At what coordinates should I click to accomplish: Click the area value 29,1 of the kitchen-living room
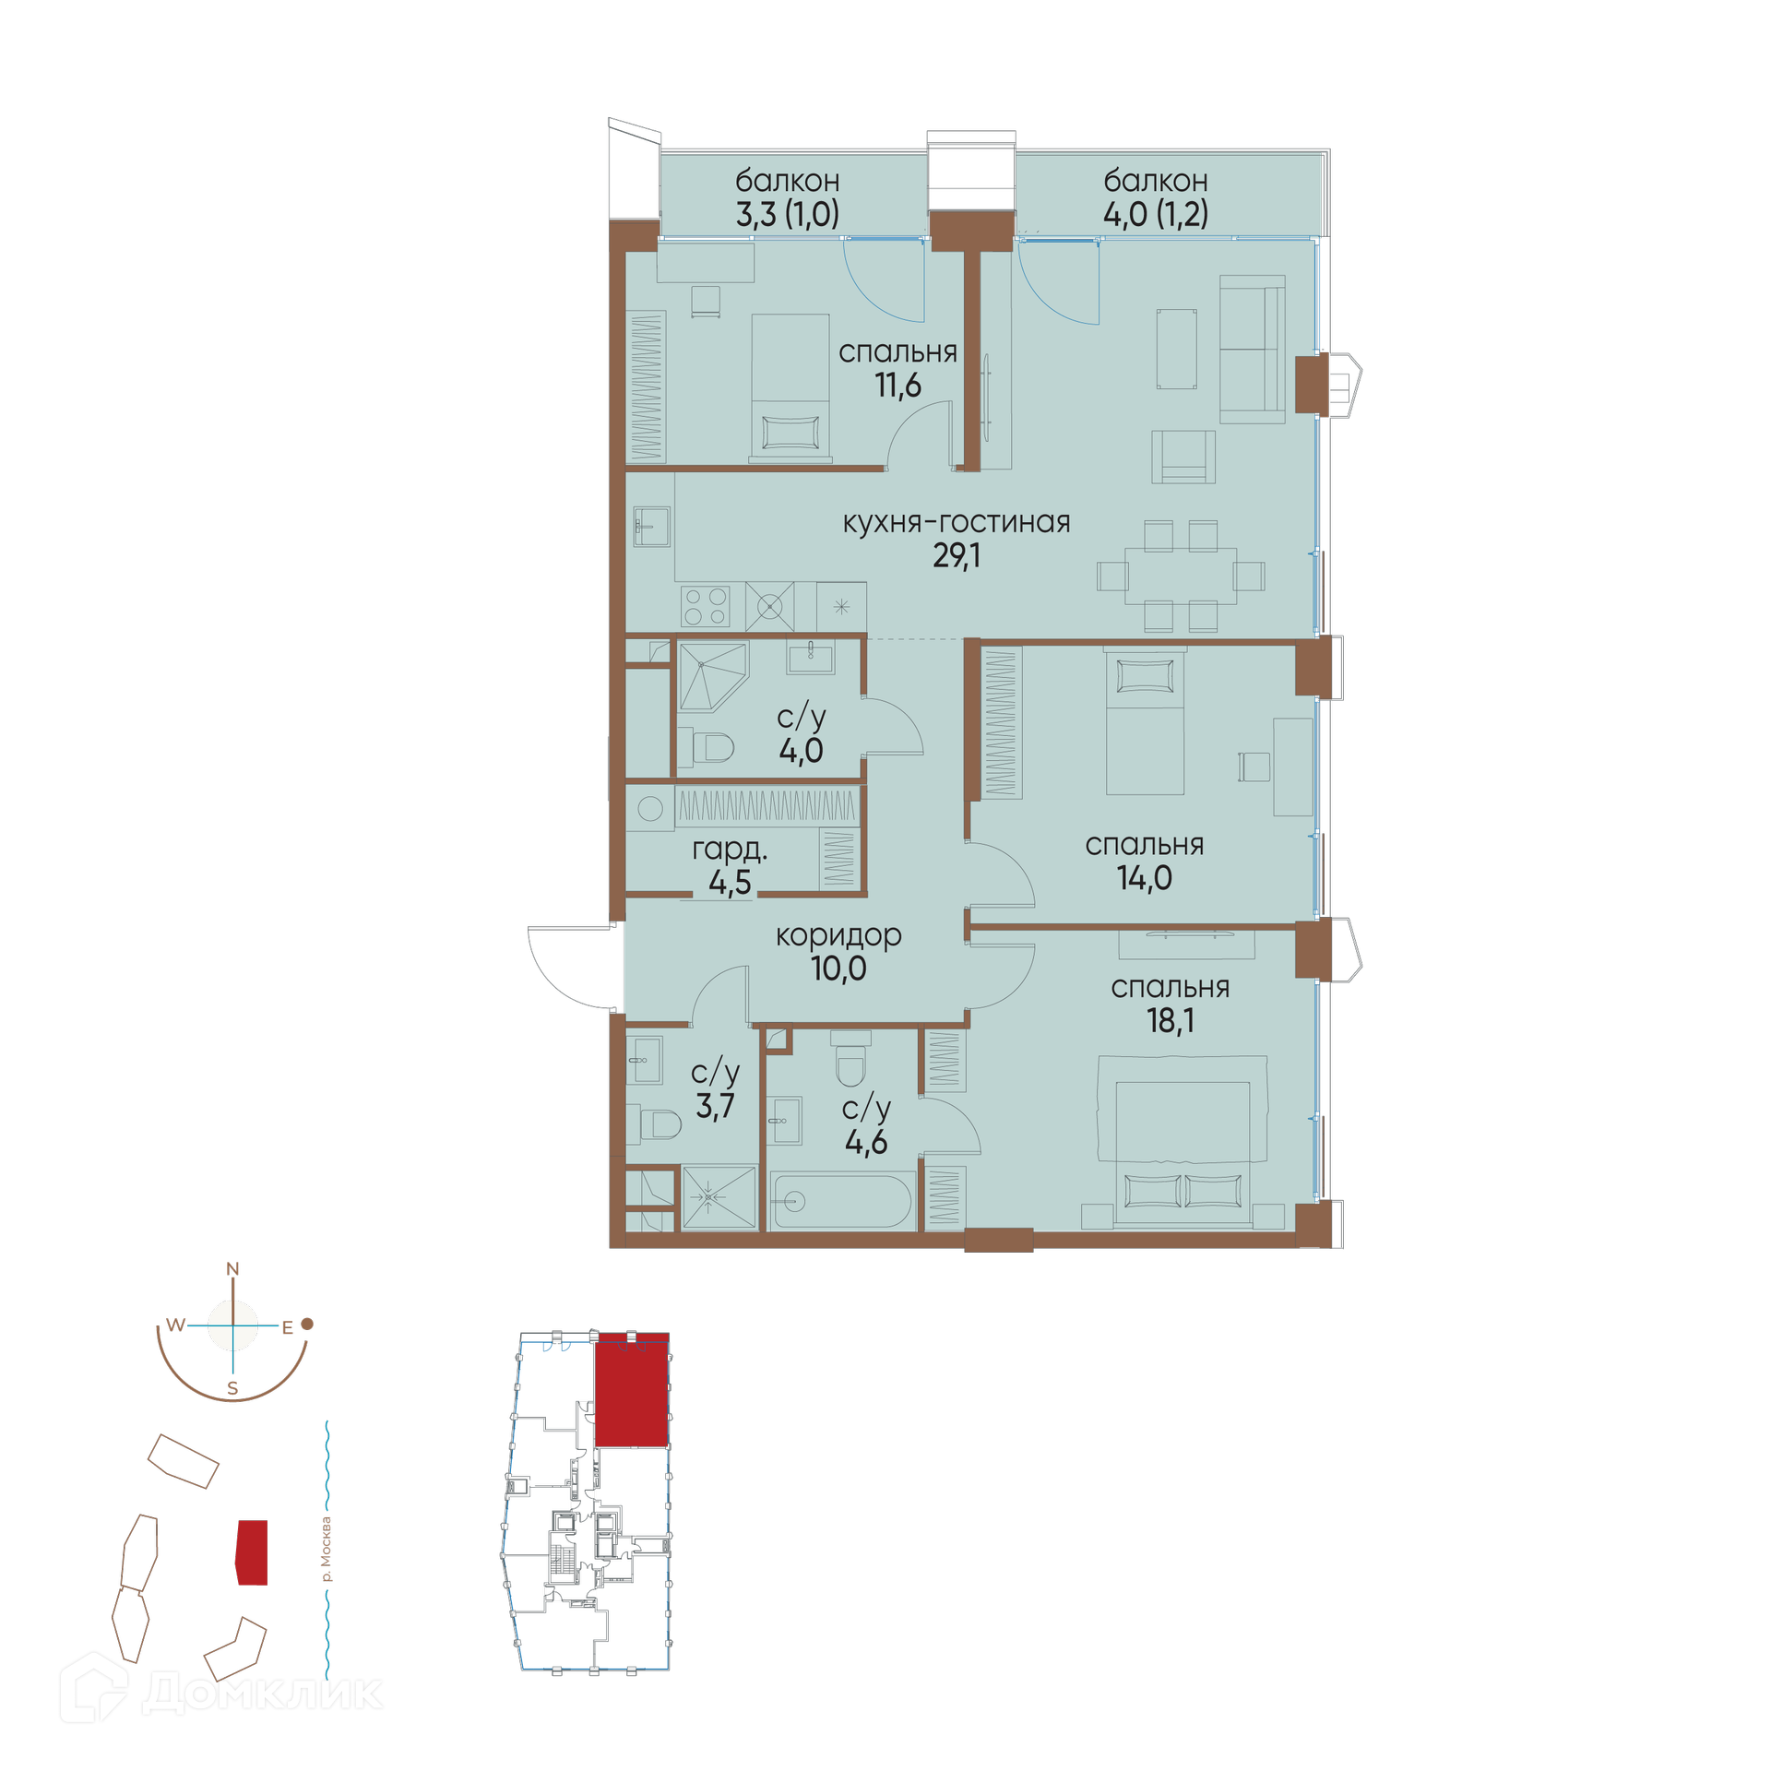click(957, 555)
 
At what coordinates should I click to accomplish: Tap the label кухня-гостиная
click(957, 522)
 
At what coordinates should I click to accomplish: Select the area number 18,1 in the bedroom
click(1170, 1020)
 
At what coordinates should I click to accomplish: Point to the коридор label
click(838, 935)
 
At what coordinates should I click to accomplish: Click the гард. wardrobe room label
click(730, 849)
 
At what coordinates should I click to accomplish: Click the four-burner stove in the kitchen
click(706, 607)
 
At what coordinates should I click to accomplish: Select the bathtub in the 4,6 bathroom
click(841, 1201)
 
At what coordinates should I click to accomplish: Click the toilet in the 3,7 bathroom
click(660, 1124)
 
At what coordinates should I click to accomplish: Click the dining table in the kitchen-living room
click(1181, 576)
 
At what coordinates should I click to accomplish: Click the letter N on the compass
click(232, 1269)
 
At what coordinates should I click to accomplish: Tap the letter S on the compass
click(232, 1388)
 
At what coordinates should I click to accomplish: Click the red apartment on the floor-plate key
click(632, 1389)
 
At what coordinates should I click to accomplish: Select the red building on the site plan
click(252, 1552)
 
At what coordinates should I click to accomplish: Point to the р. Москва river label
click(326, 1549)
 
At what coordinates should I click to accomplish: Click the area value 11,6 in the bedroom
click(897, 385)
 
